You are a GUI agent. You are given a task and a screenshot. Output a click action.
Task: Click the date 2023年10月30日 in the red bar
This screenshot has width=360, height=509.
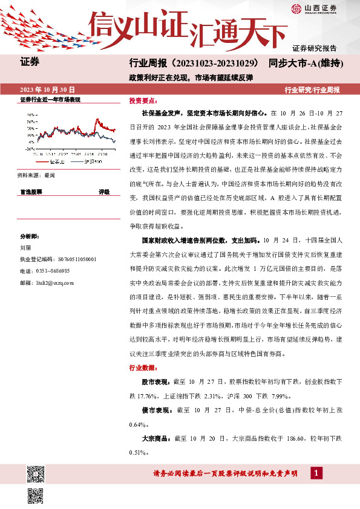[48, 89]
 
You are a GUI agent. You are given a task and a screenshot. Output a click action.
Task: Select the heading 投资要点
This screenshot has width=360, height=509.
[143, 102]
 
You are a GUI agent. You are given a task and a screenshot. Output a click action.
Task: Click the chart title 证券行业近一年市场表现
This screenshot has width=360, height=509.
[50, 99]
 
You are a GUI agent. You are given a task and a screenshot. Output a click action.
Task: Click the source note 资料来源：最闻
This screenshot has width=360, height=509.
[37, 175]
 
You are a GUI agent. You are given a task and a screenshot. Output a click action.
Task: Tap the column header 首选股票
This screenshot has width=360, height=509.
[31, 191]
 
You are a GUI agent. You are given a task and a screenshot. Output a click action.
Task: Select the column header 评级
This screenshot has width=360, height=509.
[104, 191]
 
